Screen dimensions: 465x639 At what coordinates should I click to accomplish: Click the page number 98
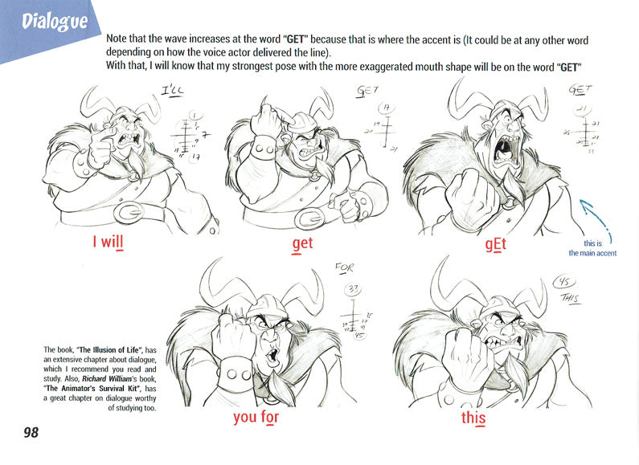(x=31, y=433)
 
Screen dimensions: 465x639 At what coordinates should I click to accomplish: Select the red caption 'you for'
(x=256, y=417)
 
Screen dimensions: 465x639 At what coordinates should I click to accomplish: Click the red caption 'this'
(x=473, y=418)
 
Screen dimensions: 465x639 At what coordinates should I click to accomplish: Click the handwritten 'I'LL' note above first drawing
(x=172, y=93)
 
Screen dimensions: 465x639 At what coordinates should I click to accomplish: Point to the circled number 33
(x=352, y=288)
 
